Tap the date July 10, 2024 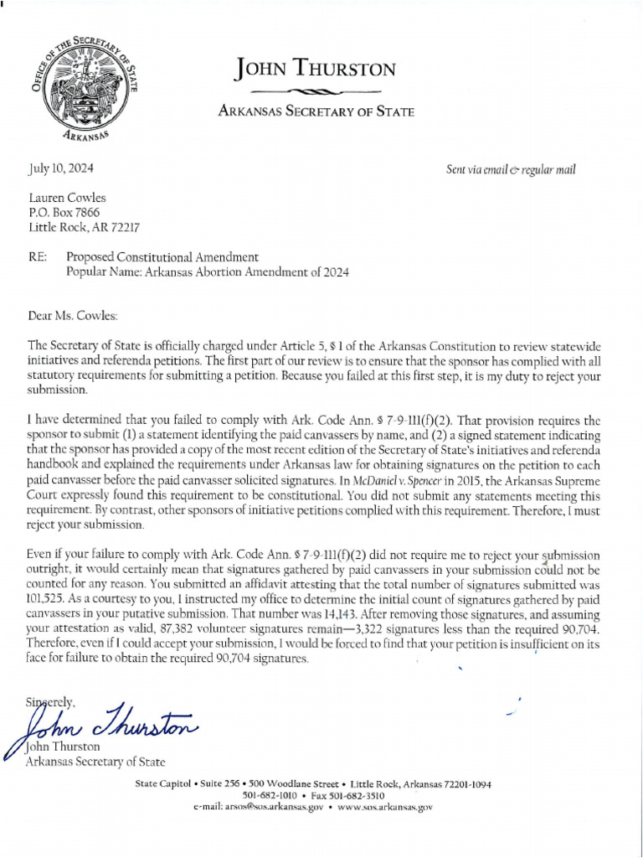61,168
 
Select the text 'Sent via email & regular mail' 512,169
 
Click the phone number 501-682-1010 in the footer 270,795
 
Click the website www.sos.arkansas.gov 385,807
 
